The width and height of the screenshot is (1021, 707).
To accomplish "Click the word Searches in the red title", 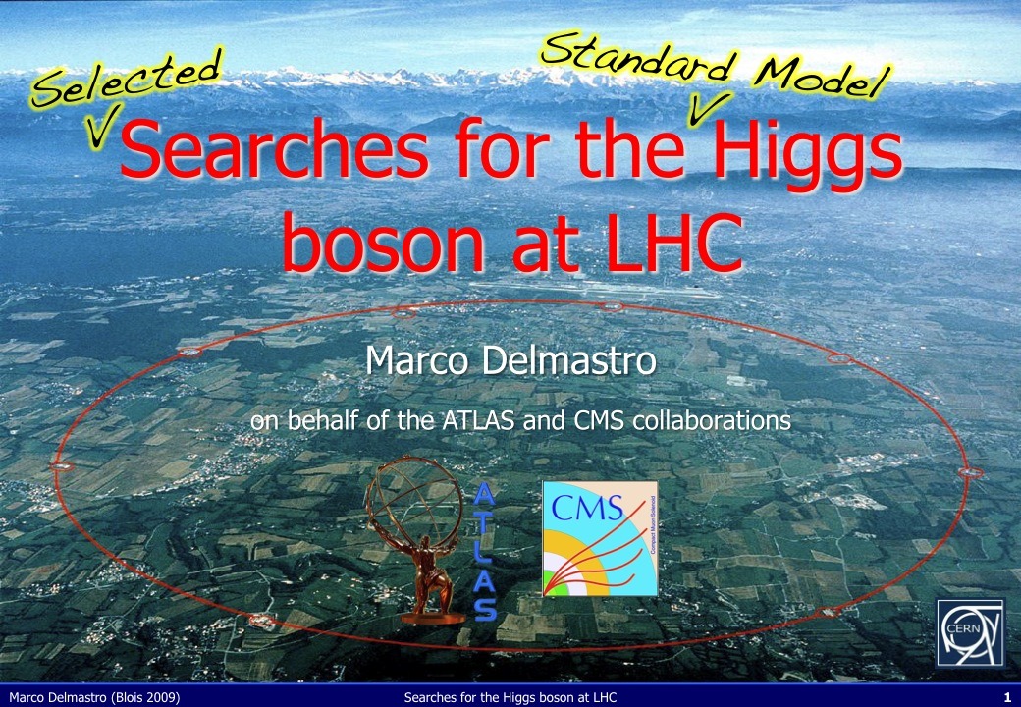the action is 274,148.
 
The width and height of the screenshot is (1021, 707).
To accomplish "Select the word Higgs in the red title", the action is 807,155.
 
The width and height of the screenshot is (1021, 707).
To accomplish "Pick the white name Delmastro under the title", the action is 567,360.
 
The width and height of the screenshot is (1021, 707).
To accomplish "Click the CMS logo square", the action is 600,538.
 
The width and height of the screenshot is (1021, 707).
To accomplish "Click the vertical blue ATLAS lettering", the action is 485,552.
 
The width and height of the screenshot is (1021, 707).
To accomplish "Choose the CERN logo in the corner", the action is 970,632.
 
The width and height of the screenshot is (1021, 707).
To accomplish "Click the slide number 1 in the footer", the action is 1007,698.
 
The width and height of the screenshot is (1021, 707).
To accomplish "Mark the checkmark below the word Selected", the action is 102,125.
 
